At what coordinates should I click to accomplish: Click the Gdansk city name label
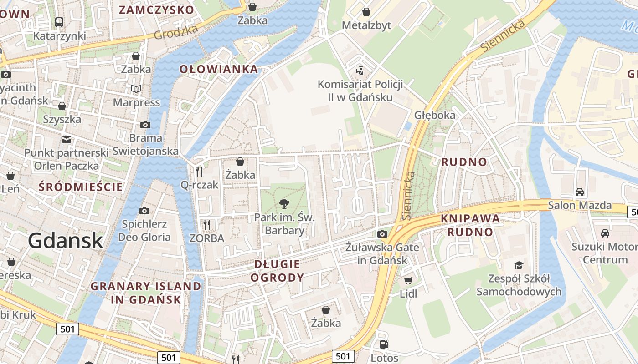pyautogui.click(x=66, y=240)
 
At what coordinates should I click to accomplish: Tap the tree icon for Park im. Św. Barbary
pyautogui.click(x=284, y=203)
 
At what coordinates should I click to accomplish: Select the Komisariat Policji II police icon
pyautogui.click(x=360, y=71)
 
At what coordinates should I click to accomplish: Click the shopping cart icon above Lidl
pyautogui.click(x=408, y=280)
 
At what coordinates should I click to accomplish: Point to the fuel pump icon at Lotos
pyautogui.click(x=384, y=344)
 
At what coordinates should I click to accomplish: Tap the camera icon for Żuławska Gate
pyautogui.click(x=382, y=234)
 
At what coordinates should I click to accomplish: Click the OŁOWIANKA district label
pyautogui.click(x=219, y=69)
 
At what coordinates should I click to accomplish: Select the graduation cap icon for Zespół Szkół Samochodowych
pyautogui.click(x=518, y=265)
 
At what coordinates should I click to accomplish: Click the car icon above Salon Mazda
pyautogui.click(x=580, y=192)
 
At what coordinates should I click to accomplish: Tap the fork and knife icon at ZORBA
pyautogui.click(x=207, y=224)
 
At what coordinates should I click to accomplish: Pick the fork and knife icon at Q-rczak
pyautogui.click(x=199, y=171)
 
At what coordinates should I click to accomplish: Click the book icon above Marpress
pyautogui.click(x=136, y=89)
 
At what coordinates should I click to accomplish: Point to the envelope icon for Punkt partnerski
pyautogui.click(x=67, y=139)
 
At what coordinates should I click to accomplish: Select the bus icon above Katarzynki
pyautogui.click(x=59, y=22)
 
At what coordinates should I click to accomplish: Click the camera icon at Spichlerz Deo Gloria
pyautogui.click(x=144, y=210)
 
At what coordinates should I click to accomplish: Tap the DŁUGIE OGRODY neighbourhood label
pyautogui.click(x=277, y=271)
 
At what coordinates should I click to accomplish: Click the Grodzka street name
pyautogui.click(x=176, y=31)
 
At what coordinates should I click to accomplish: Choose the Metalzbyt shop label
pyautogui.click(x=366, y=25)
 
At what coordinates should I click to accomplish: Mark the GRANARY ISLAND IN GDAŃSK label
pyautogui.click(x=146, y=293)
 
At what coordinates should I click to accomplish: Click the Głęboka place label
pyautogui.click(x=435, y=115)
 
